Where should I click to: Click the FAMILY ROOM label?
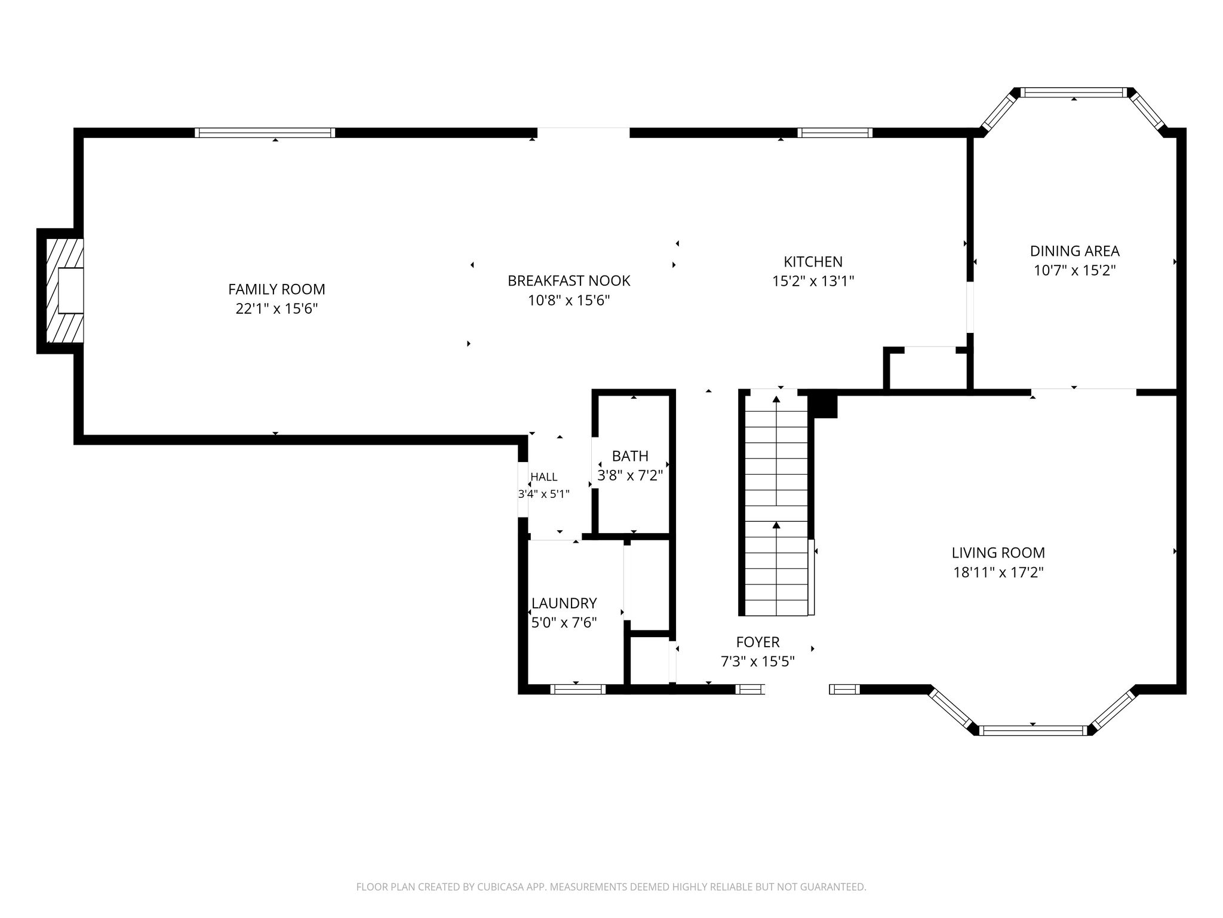[x=276, y=289]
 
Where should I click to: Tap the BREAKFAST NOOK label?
[x=569, y=280]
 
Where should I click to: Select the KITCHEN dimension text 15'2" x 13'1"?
[x=813, y=281]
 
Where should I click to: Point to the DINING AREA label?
[x=1074, y=251]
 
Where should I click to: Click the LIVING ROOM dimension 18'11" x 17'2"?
[x=998, y=573]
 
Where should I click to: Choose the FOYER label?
[x=758, y=642]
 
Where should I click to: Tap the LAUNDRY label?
[x=564, y=603]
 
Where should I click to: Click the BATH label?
[x=630, y=456]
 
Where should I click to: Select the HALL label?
[x=543, y=477]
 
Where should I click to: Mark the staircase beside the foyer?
[x=776, y=503]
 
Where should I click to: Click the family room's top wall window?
[x=265, y=133]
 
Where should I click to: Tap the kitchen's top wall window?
[x=834, y=133]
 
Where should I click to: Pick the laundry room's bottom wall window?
[x=577, y=689]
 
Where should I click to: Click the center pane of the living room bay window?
[x=1033, y=730]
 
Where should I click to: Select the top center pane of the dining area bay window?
[x=1074, y=93]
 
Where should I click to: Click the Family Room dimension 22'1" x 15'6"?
[x=276, y=309]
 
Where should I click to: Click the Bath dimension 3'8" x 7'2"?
[x=630, y=476]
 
